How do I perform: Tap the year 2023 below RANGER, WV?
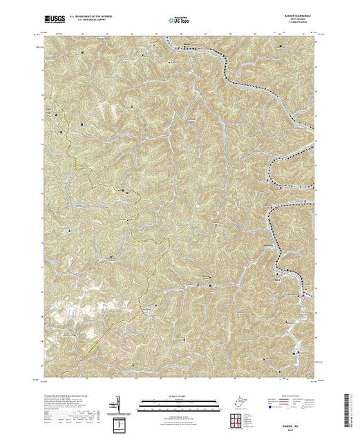[x=296, y=412]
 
